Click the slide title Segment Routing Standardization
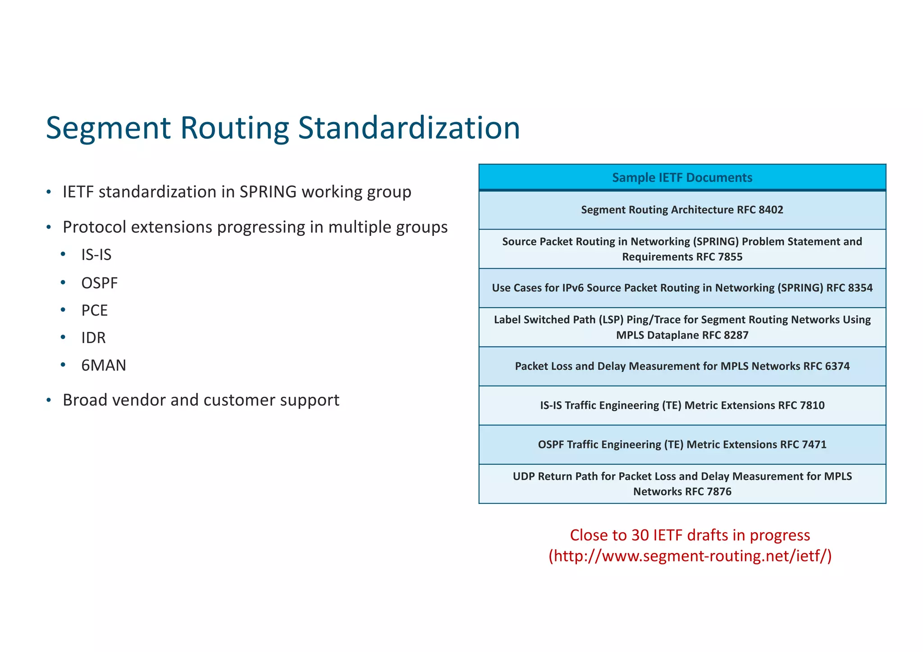point(283,128)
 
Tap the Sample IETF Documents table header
point(682,177)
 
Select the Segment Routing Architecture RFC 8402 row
point(682,210)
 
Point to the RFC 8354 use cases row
point(682,288)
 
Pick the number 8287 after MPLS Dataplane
point(736,335)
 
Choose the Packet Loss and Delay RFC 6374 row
point(682,366)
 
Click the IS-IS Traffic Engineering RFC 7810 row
point(682,405)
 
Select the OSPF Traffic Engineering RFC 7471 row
point(682,444)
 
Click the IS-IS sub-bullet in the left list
point(96,255)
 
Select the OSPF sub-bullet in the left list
point(99,283)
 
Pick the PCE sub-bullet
point(94,311)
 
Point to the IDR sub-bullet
point(93,338)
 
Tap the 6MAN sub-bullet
point(104,365)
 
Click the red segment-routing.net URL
point(690,556)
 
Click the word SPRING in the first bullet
point(268,192)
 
